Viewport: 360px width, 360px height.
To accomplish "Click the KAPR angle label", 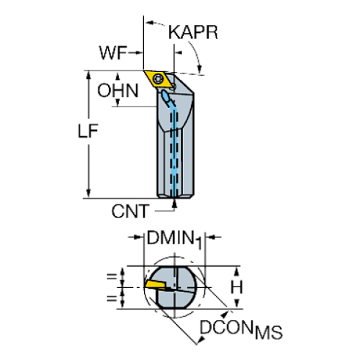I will pos(192,32).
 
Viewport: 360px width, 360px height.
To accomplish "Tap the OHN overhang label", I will pos(117,90).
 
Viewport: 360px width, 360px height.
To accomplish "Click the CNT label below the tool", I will pos(129,212).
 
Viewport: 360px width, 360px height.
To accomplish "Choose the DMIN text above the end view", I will pos(168,238).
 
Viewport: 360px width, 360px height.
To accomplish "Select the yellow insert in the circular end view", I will pos(157,284).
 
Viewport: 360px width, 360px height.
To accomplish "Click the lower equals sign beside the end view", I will pos(112,297).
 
